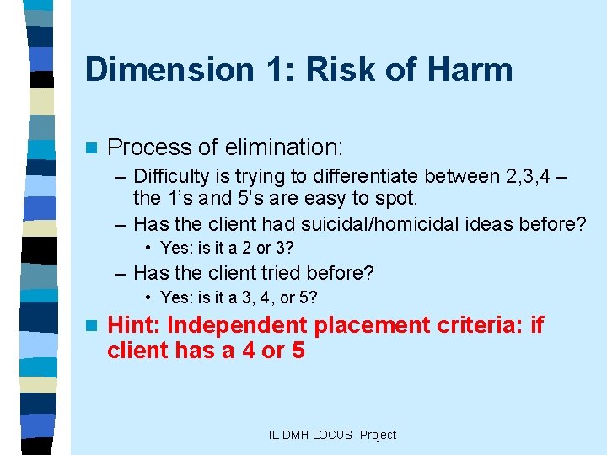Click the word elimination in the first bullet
tap(283, 147)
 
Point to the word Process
tap(149, 147)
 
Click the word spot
tap(397, 200)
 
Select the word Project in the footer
tap(378, 435)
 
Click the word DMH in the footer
tap(298, 435)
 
